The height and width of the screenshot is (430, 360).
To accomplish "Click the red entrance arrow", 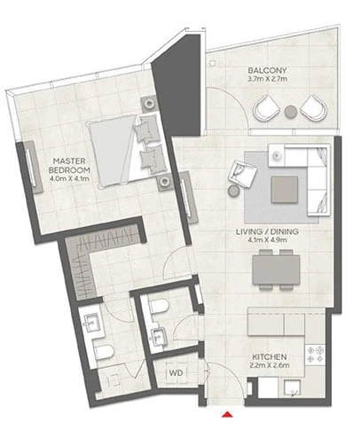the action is (x=227, y=414).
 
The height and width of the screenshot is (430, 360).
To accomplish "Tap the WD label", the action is (x=176, y=372).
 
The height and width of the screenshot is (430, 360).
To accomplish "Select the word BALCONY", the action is (x=267, y=70).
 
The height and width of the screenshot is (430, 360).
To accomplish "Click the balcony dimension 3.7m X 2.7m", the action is (x=268, y=79).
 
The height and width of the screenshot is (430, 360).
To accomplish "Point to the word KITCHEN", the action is (x=270, y=356).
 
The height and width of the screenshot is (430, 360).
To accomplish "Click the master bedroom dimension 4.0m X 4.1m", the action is (x=70, y=178).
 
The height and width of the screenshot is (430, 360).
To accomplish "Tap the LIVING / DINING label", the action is (x=267, y=231).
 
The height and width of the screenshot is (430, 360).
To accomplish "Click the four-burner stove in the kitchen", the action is (x=316, y=355).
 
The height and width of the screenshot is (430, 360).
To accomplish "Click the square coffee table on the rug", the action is (x=285, y=190).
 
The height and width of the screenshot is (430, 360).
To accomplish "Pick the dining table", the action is (x=276, y=270).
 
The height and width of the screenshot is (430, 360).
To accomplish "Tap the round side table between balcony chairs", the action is (x=291, y=112).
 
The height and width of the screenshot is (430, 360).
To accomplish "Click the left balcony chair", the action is (x=266, y=107).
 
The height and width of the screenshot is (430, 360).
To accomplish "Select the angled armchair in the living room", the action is (x=242, y=174).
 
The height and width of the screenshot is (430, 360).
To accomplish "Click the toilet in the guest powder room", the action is (x=159, y=306).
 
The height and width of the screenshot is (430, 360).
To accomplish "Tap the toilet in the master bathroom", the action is (x=103, y=352).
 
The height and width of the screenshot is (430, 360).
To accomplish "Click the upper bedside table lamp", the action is (x=149, y=104).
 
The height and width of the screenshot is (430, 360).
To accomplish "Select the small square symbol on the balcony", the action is (x=213, y=63).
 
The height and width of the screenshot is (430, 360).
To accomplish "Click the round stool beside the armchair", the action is (x=233, y=191).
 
